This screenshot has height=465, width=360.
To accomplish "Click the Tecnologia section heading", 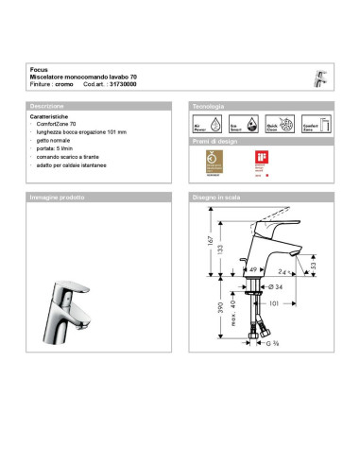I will (208, 106).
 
